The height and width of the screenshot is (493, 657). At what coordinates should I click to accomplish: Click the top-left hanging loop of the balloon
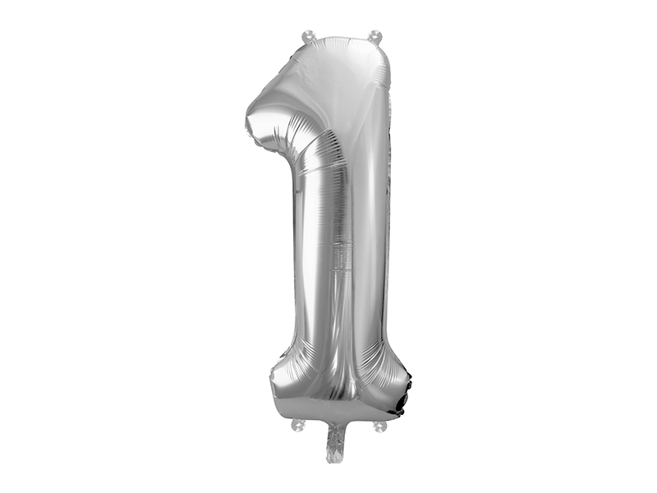[x=309, y=35]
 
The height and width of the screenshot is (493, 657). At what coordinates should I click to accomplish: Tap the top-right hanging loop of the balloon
[x=375, y=36]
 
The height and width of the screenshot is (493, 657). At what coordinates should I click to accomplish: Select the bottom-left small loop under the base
[x=298, y=425]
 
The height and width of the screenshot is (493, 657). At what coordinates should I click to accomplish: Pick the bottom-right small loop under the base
[x=379, y=426]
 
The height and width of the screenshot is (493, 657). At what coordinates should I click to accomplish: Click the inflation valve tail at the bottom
[x=336, y=440]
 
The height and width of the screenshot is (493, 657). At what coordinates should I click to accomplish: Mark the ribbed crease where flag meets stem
[x=310, y=148]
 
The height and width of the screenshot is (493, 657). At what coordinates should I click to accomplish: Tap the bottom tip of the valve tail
[x=335, y=458]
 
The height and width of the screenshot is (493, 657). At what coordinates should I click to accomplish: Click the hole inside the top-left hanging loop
[x=309, y=35]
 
